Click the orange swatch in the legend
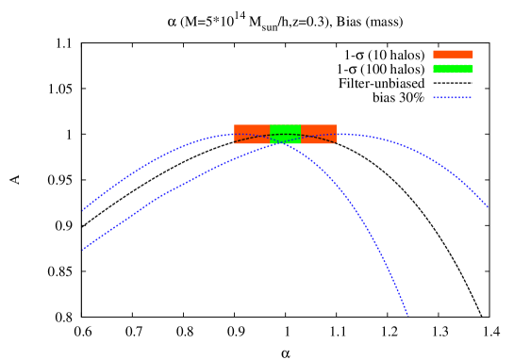[453, 55]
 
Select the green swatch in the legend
[453, 69]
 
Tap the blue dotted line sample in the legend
[453, 97]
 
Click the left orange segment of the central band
[252, 134]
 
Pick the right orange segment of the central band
[319, 134]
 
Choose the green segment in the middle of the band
[285, 134]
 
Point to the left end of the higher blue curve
[83, 208]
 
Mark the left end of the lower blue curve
[83, 249]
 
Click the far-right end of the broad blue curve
[488, 206]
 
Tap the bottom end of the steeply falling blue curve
[407, 315]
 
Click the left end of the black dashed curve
[235, 143]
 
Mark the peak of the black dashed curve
[285, 135]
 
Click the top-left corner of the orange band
[234, 124]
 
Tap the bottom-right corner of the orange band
[337, 144]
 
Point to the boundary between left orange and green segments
[270, 134]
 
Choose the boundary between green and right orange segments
[301, 134]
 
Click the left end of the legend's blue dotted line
[434, 97]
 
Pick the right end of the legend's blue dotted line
[472, 97]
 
